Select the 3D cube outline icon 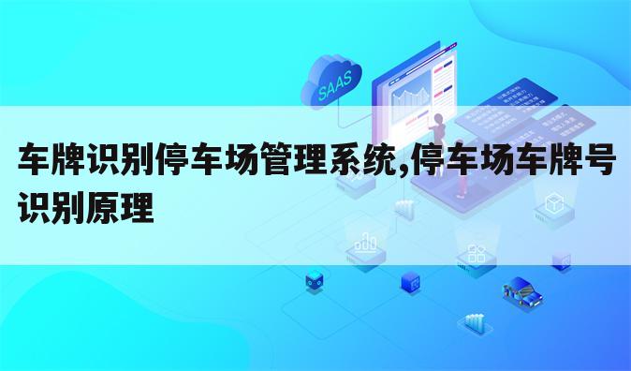tap(553, 203)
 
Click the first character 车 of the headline tap(35, 161)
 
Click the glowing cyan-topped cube tap(315, 278)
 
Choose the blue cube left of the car tap(409, 280)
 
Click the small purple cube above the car tap(561, 261)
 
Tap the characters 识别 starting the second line tap(52, 204)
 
